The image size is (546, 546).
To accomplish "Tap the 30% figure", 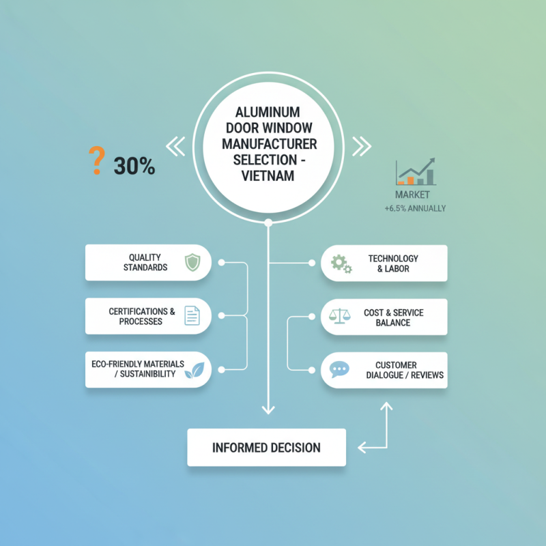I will point(134,166).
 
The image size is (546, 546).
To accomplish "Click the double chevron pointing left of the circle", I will point(175,145).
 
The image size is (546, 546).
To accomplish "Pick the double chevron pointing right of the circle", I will point(361,145).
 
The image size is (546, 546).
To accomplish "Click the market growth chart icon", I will point(416,172).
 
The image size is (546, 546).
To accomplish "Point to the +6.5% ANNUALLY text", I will point(416,208).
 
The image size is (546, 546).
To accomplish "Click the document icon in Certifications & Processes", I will point(192,316).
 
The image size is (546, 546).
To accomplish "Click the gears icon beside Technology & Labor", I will point(341,263).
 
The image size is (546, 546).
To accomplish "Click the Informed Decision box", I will point(266,448).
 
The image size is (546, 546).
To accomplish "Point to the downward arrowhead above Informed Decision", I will point(268,409).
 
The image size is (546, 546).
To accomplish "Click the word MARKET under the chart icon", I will point(413,195).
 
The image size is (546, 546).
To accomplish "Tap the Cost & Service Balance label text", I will point(393,317).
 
